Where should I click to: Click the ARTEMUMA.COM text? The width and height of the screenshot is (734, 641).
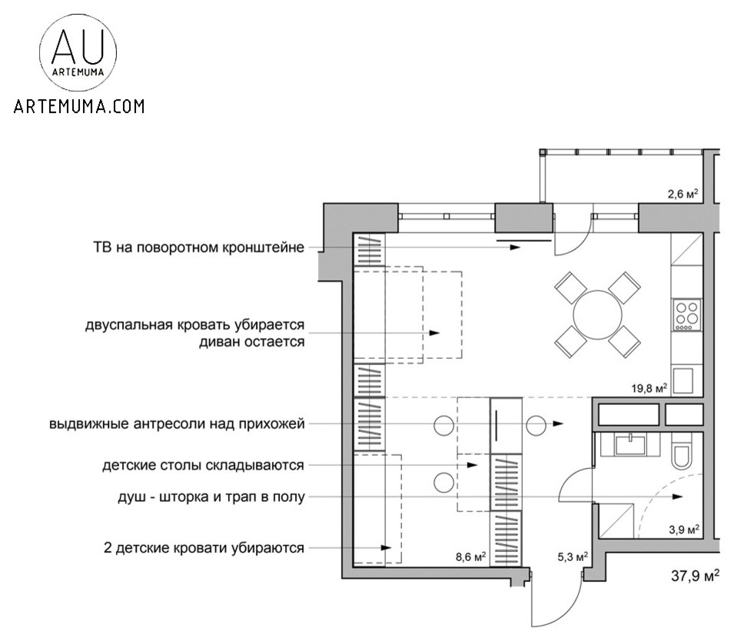[78, 106]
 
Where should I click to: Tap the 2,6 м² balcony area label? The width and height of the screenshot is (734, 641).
[682, 194]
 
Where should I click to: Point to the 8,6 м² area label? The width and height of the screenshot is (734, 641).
[470, 556]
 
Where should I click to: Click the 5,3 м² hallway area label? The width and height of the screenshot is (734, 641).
[573, 556]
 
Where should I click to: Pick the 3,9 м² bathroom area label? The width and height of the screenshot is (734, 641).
[683, 530]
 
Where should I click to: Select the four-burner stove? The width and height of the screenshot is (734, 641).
[686, 314]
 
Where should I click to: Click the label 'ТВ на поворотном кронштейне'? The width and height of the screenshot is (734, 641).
[198, 247]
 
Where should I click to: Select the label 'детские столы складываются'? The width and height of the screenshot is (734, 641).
[204, 466]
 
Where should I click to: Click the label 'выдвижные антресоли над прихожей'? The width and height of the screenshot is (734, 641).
[178, 423]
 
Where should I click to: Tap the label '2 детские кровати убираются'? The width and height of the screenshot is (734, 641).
[204, 548]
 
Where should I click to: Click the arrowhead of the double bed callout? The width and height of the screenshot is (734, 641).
[435, 333]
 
